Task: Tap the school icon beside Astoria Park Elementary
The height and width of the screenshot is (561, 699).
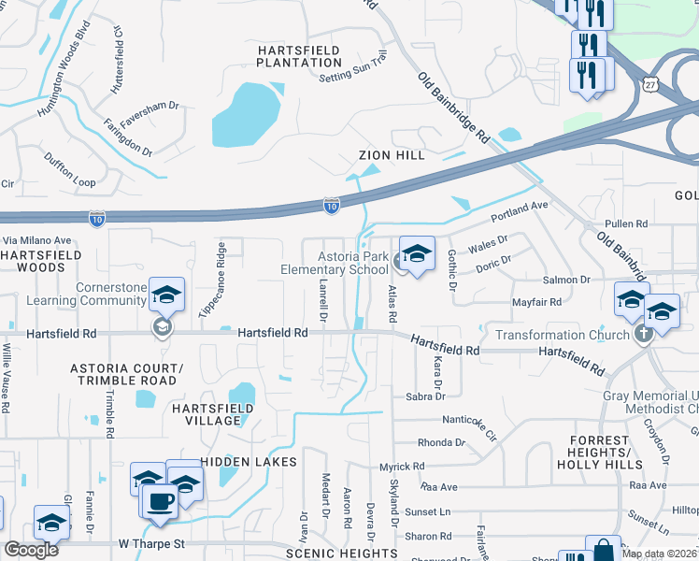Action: (417, 255)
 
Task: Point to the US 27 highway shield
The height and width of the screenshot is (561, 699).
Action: (650, 84)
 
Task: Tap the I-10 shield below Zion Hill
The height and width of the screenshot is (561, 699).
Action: (331, 203)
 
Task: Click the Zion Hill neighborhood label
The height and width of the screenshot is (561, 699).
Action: (392, 155)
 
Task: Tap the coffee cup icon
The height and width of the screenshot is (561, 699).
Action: (160, 500)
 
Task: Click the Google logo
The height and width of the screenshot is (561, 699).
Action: (31, 550)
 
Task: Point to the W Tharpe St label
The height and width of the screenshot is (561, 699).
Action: (153, 544)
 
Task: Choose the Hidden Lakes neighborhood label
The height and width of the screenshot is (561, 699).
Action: (249, 462)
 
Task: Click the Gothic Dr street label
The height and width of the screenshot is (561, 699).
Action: (450, 270)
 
